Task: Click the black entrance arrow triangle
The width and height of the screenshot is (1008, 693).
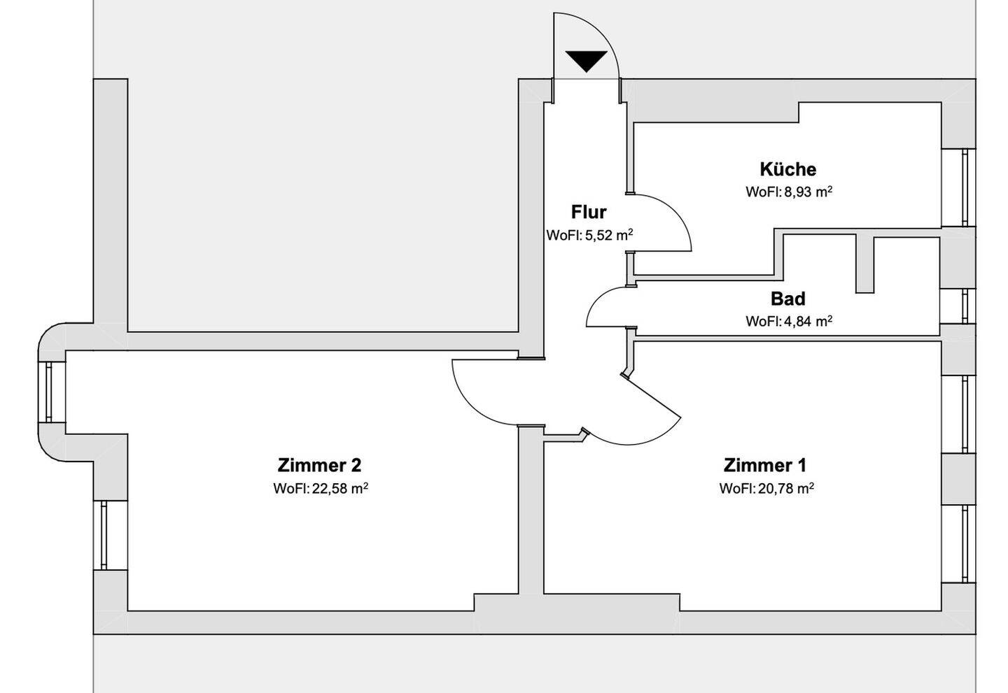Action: point(586,62)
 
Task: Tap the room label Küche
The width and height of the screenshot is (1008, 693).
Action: point(788,169)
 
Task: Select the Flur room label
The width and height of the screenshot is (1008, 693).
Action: point(589,212)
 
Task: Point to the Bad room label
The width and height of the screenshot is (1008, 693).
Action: point(788,299)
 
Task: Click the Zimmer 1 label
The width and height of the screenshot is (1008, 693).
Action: point(765,465)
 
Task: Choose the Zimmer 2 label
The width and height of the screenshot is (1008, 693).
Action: point(319,465)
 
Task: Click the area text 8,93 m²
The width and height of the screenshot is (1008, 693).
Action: point(789,192)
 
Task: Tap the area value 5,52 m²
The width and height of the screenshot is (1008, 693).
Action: point(589,236)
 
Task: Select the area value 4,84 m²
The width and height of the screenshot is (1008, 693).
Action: point(789,322)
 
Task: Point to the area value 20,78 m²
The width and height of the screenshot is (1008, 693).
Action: point(766,489)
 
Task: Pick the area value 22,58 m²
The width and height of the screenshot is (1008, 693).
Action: point(321,489)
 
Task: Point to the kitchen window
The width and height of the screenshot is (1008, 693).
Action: point(966,187)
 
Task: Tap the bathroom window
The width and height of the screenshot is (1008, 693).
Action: point(966,306)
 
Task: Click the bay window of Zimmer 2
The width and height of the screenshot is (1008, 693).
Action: point(49,392)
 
